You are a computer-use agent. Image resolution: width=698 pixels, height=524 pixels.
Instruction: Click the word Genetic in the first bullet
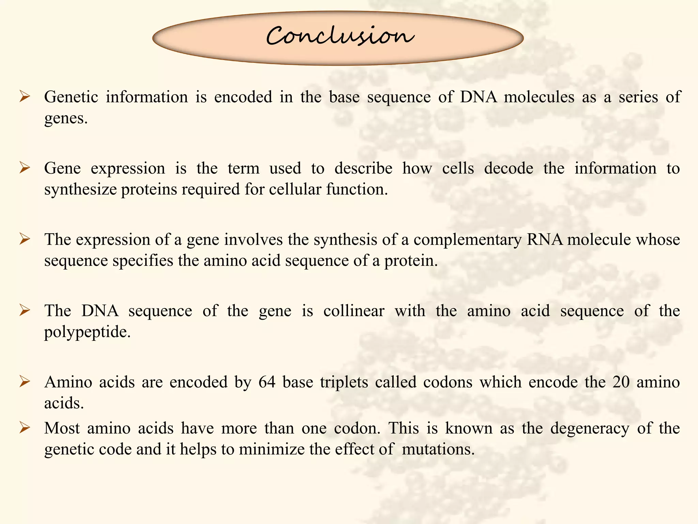[71, 97]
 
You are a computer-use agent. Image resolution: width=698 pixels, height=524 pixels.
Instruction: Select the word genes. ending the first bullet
[66, 119]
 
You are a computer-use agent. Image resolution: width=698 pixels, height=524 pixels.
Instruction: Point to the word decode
[509, 169]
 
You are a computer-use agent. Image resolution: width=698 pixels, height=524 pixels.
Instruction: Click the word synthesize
[80, 190]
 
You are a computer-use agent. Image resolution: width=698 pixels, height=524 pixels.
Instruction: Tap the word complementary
[467, 240]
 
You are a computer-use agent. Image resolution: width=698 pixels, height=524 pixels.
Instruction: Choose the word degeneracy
[590, 428]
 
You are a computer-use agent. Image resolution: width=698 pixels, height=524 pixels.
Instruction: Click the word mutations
[438, 450]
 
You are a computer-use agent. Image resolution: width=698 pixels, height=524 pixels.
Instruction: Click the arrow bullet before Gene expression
[25, 168]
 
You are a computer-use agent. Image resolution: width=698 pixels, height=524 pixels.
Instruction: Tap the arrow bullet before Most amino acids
[25, 427]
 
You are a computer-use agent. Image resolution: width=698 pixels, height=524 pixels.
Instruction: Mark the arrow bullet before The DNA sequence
[25, 310]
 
